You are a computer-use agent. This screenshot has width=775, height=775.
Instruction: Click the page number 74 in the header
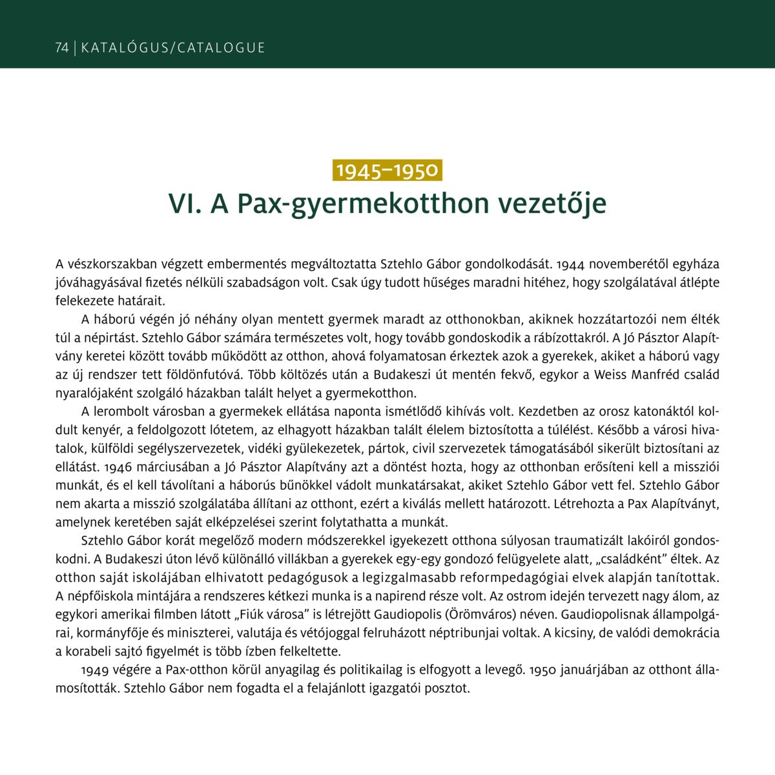pyautogui.click(x=62, y=48)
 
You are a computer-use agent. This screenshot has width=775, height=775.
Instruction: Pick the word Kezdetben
pyautogui.click(x=547, y=411)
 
